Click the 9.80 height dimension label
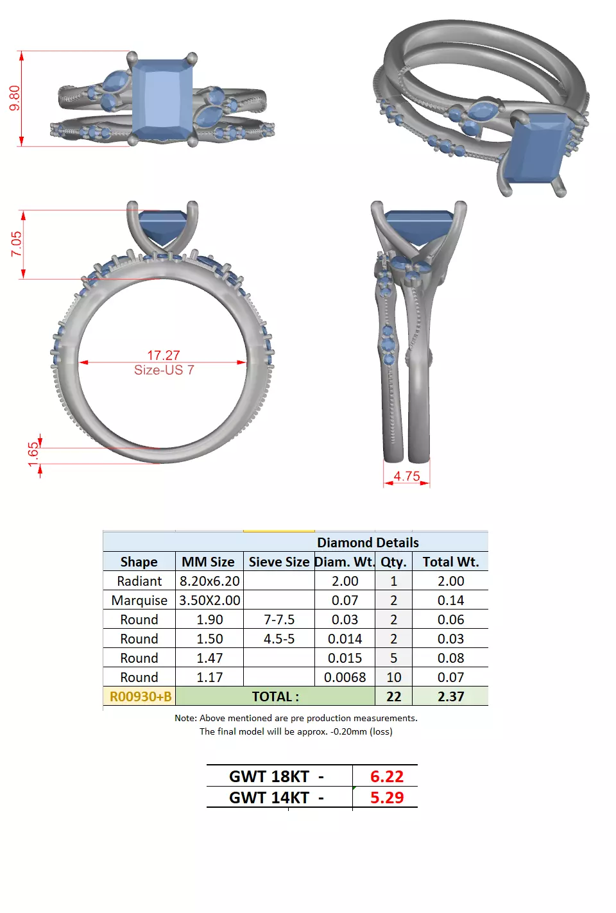[x=15, y=98]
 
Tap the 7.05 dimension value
[x=16, y=244]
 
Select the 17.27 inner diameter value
[x=163, y=355]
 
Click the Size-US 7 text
[x=164, y=370]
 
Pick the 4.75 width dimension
[x=407, y=476]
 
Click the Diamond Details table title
[x=368, y=543]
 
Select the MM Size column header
[x=208, y=562]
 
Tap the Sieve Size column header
[x=279, y=562]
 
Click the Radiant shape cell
[x=139, y=581]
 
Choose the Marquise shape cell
[x=139, y=601]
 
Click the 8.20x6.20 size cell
[x=209, y=581]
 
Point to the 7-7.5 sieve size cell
[x=279, y=620]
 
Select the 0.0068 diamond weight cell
[x=345, y=678]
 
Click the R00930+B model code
[x=141, y=697]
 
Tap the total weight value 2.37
[x=450, y=697]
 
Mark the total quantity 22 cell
[x=393, y=697]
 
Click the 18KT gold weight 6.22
[x=386, y=776]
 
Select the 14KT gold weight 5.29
[x=386, y=798]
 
